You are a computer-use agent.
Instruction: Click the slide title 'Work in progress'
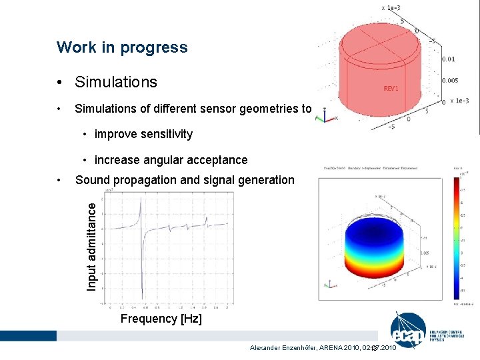(122, 47)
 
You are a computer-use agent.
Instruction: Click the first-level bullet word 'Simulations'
(116, 82)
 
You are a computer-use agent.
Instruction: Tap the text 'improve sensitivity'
(143, 134)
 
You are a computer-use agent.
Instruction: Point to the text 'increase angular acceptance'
(171, 160)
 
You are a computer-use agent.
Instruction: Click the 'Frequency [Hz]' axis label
(161, 319)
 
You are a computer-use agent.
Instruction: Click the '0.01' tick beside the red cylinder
(448, 59)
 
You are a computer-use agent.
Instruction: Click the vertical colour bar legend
(456, 240)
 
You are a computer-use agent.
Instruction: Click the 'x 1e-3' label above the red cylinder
(391, 7)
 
